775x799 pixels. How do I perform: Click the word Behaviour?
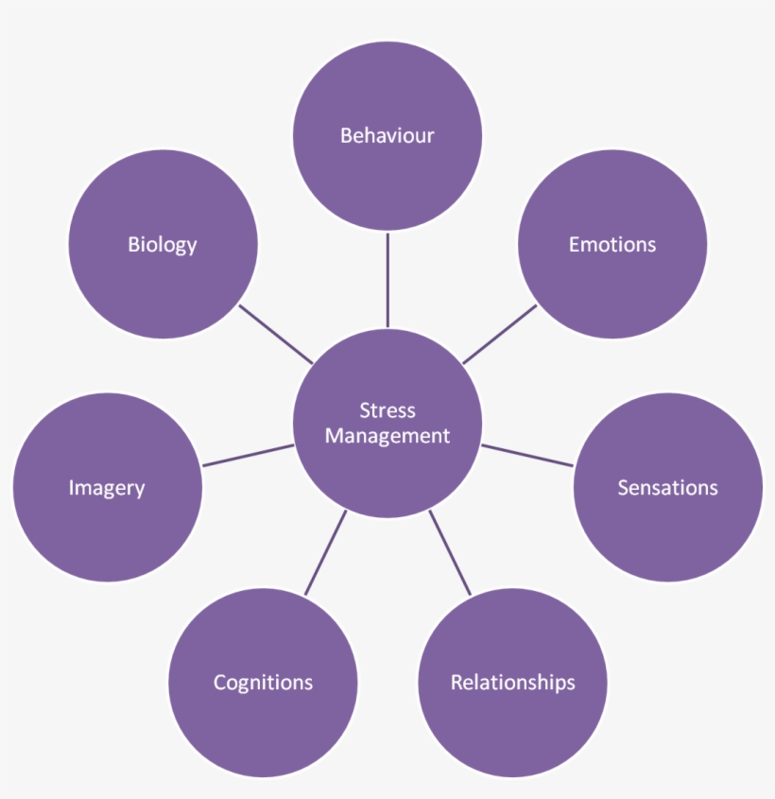point(387,135)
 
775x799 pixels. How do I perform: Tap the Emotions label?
point(611,245)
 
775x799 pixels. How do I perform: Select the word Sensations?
point(667,488)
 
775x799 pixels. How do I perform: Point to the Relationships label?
point(512,683)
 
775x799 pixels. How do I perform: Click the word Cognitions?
point(263,683)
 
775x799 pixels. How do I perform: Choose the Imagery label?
point(107,488)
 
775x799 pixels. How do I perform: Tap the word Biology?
point(163,245)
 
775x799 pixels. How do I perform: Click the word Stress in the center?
point(387,410)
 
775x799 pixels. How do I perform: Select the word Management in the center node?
point(387,436)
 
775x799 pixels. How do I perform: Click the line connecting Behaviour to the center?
point(387,279)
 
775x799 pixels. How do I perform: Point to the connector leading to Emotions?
point(499,334)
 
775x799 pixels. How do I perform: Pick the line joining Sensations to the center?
point(527,455)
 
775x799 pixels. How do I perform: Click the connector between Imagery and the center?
point(248,455)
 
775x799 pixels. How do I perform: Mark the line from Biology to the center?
point(276,334)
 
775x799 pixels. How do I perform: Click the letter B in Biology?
point(133,245)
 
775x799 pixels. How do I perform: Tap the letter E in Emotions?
point(574,245)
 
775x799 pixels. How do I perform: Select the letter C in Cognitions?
point(219,683)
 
